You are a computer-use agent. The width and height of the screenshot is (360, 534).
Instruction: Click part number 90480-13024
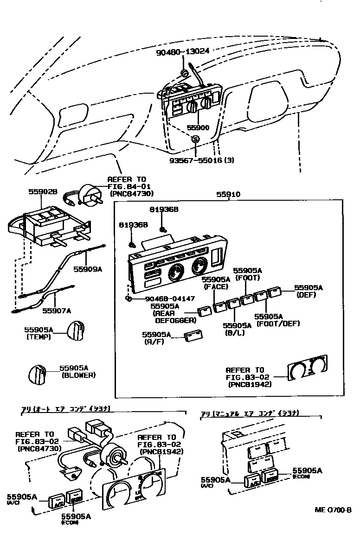pos(183,53)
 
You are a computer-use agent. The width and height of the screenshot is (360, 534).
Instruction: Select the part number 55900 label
pos(198,127)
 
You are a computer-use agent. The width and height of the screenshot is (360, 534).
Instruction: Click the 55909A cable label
pos(87,268)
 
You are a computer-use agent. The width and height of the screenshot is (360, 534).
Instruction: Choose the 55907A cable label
pos(57,311)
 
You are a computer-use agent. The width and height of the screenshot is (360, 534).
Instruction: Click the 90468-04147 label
pos(170,299)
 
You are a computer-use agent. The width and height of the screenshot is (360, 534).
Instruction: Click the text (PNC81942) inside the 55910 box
pos(250,384)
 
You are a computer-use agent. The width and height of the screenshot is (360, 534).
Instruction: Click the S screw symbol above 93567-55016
pos(195,139)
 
